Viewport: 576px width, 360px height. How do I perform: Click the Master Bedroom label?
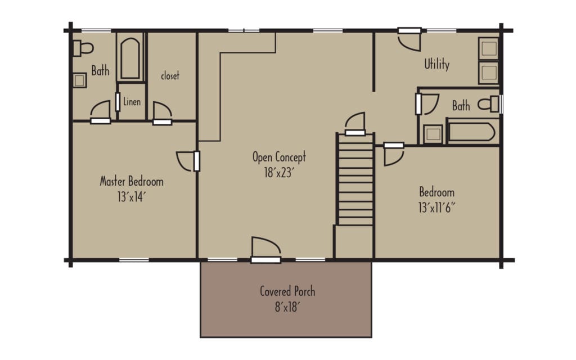click(x=132, y=182)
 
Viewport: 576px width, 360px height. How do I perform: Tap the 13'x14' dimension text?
click(x=132, y=197)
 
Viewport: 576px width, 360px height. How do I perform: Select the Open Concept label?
click(x=279, y=157)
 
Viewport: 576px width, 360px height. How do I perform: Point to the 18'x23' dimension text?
click(x=279, y=173)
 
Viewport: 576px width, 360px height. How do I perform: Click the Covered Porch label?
click(x=287, y=291)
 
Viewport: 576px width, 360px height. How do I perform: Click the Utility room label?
click(x=436, y=65)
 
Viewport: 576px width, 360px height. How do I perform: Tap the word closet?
click(x=170, y=76)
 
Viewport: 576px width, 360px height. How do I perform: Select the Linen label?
click(x=132, y=102)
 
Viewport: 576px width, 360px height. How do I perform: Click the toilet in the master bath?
click(x=83, y=48)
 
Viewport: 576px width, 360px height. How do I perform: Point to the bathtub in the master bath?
click(x=130, y=57)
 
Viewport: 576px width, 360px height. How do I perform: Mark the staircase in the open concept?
click(x=355, y=180)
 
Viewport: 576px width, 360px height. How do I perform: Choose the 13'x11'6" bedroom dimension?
click(x=436, y=206)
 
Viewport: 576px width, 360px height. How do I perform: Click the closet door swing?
click(x=162, y=111)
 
